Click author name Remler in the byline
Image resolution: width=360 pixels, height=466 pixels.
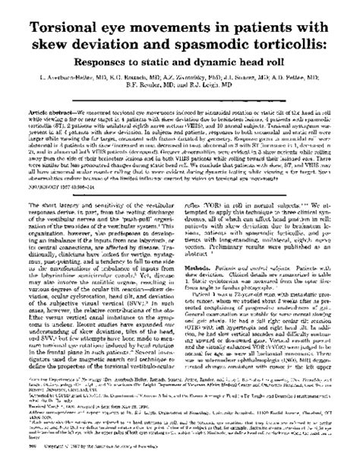point(152,87)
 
